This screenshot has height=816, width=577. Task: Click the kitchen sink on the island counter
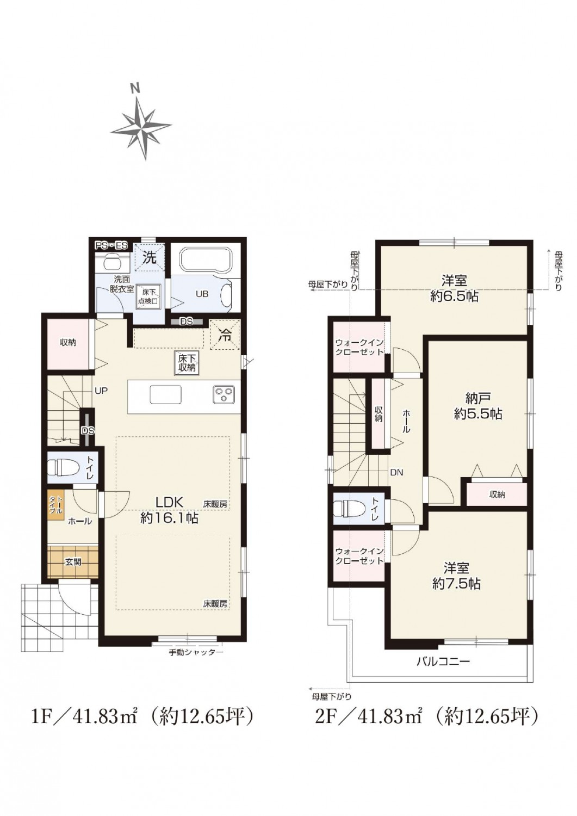(x=166, y=394)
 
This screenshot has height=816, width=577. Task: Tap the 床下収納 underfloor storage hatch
(x=187, y=362)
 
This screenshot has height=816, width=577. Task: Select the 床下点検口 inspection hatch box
(x=149, y=296)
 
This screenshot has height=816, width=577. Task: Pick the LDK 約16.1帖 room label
(x=169, y=510)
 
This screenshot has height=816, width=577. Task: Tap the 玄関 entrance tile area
(x=73, y=562)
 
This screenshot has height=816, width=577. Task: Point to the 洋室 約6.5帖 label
(x=454, y=288)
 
